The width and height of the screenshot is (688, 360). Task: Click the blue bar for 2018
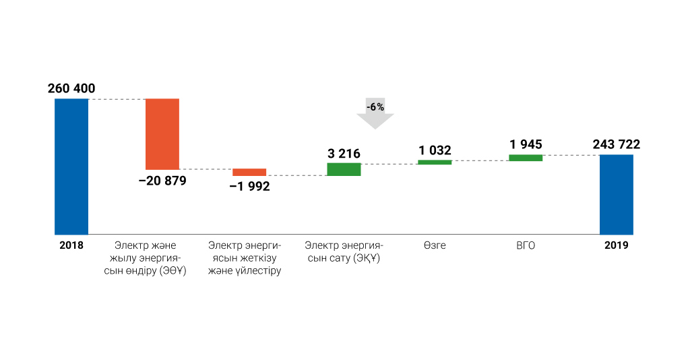point(71,167)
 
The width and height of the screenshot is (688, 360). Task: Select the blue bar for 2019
point(617,195)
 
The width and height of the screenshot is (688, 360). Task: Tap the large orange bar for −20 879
point(162,133)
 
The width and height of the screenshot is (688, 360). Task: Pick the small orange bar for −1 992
point(249,172)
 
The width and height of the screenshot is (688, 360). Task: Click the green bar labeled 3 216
point(344,169)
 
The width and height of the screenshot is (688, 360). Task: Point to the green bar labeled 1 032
point(435,162)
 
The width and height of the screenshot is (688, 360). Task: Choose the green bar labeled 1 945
point(526,158)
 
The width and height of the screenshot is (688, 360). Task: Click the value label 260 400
point(71,88)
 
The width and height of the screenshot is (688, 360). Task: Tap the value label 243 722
point(617,144)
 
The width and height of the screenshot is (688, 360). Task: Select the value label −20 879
point(162,181)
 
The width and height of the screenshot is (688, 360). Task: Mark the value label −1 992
point(249,187)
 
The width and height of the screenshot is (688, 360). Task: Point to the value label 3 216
point(344,154)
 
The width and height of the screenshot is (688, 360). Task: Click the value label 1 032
point(435,150)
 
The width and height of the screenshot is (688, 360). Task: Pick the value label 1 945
point(526,144)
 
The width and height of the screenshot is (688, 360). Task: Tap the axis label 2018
point(71,245)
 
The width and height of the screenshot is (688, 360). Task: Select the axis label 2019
point(617,245)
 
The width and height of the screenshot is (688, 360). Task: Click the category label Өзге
point(435,245)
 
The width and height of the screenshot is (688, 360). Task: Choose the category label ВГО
point(526,245)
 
